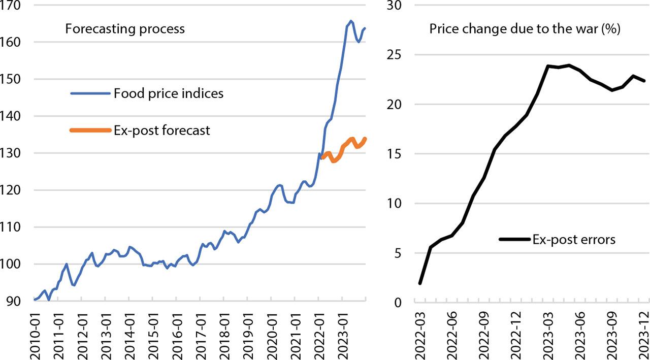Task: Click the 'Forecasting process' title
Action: pos(125,28)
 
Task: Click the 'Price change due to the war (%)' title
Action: pos(525,28)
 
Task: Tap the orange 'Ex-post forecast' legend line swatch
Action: pos(89,130)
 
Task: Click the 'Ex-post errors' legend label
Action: pos(574,239)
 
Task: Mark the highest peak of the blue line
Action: pos(351,21)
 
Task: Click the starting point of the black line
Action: pos(420,283)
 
